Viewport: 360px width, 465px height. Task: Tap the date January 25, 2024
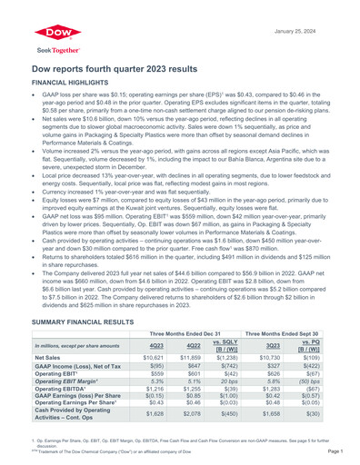point(317,7)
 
